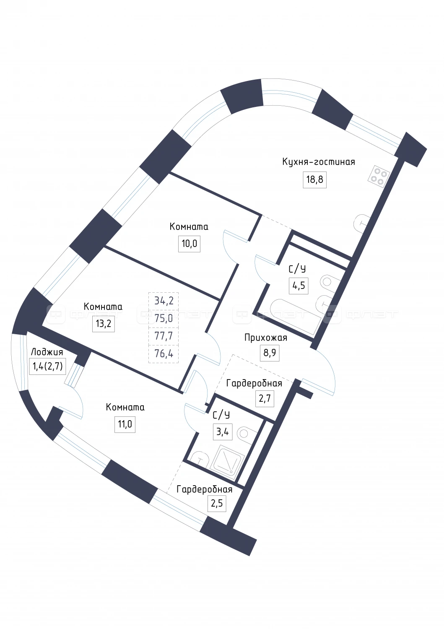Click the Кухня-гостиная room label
click(x=319, y=162)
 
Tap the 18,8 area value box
click(x=314, y=179)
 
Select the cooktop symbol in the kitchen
click(x=379, y=177)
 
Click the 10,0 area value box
click(x=189, y=244)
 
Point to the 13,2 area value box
click(x=103, y=324)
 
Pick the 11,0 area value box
click(x=125, y=424)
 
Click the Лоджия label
click(x=47, y=352)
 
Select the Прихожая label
click(x=266, y=338)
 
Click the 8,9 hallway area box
click(x=269, y=353)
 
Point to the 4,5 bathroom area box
click(x=299, y=286)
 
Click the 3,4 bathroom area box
click(x=223, y=432)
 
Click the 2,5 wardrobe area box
click(x=216, y=504)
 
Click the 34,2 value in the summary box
click(x=164, y=301)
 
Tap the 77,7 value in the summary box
click(x=164, y=336)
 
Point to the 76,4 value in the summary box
click(x=164, y=353)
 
